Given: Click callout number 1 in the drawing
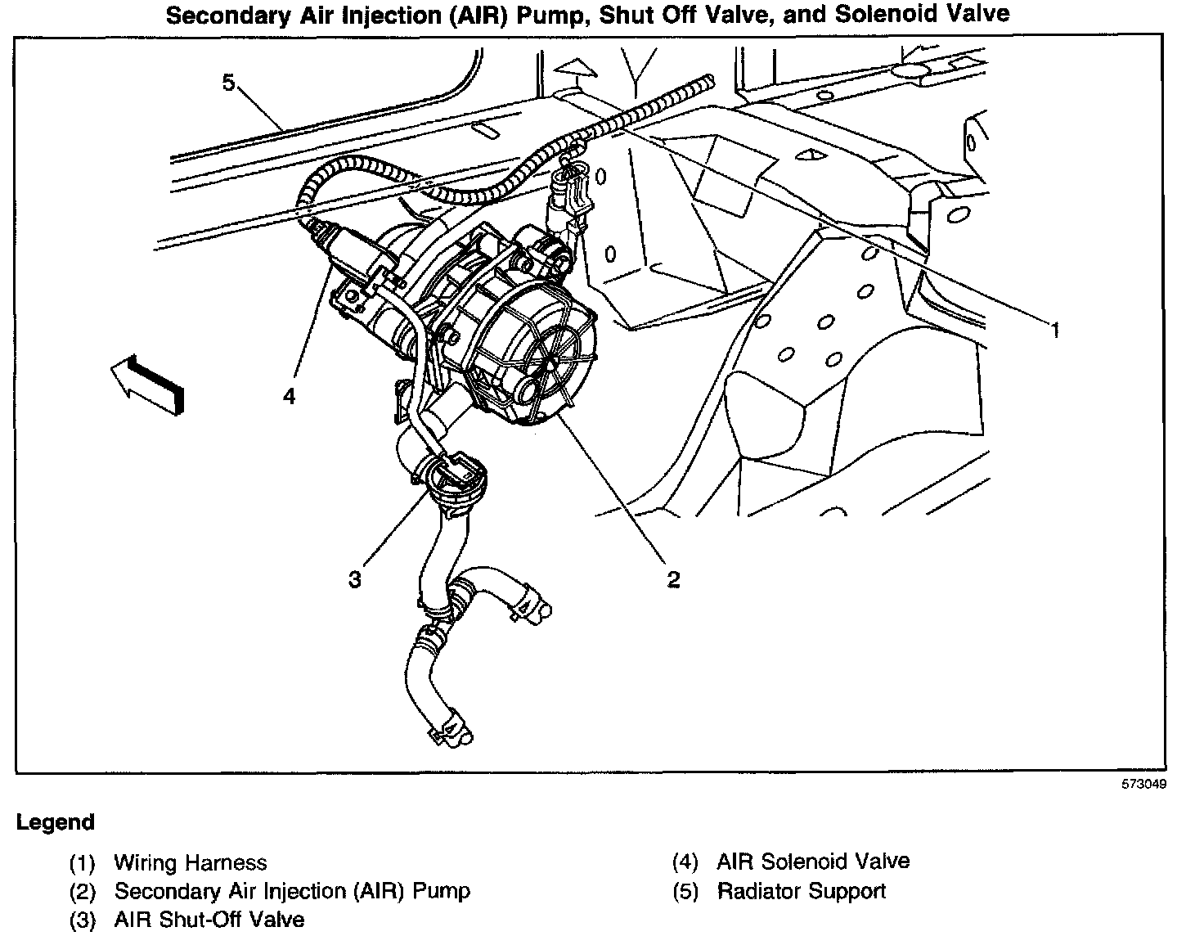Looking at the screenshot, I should (1055, 330).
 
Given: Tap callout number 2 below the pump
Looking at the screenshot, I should (672, 579).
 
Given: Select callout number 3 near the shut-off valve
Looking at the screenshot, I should (354, 579).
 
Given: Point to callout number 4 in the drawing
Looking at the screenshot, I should (289, 397).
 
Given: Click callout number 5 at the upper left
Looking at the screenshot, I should (228, 82).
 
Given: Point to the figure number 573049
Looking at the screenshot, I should (1143, 784).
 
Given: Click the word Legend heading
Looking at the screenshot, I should (56, 822).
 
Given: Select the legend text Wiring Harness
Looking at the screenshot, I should (191, 862).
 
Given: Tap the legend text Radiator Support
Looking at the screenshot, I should (802, 891).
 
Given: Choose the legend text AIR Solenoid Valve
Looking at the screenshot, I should (813, 862).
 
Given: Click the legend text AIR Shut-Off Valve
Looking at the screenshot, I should (209, 920).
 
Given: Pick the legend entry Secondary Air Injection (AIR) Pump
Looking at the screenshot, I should (292, 891).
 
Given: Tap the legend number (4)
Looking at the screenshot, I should (685, 862).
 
